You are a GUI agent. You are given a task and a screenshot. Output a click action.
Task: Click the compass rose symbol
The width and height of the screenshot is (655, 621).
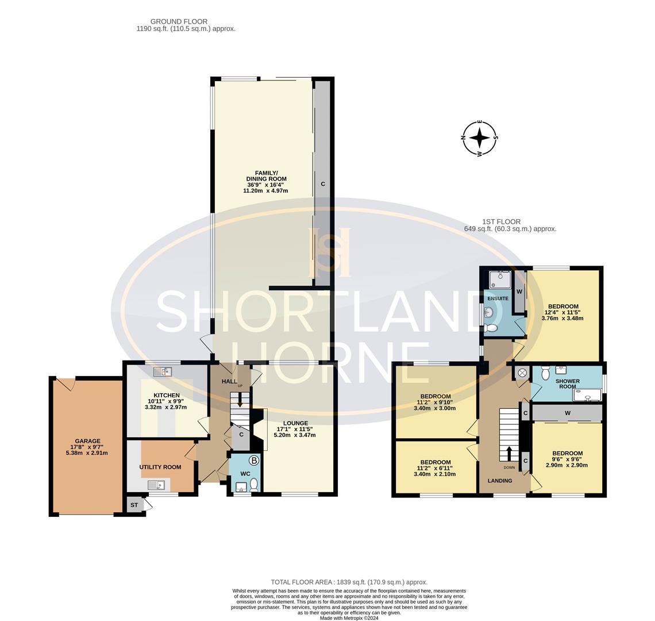(480, 138)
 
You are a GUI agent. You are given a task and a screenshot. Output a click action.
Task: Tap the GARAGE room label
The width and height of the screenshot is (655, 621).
(87, 441)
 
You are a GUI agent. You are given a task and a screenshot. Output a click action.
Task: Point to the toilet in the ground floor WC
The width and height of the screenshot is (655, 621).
(253, 485)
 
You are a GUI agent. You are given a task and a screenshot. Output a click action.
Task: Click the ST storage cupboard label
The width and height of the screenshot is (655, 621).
(134, 505)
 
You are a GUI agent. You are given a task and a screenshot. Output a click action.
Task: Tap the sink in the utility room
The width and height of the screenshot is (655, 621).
(156, 485)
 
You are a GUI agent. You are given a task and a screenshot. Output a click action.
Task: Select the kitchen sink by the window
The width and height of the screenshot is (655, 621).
(163, 372)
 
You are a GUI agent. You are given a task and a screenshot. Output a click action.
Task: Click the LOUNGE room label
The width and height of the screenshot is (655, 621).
(295, 423)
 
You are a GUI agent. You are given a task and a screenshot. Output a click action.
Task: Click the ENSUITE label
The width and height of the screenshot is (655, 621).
(498, 298)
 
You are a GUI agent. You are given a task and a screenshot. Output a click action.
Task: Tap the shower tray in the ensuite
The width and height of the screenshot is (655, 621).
(499, 279)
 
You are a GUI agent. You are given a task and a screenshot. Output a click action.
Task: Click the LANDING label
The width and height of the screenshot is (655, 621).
(499, 481)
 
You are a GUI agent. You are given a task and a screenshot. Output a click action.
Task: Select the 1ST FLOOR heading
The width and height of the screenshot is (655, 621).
(501, 221)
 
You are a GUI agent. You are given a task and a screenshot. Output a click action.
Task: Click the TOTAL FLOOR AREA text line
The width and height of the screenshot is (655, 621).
(349, 582)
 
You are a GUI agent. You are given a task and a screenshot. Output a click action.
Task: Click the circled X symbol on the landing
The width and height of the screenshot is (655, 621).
(522, 373)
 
